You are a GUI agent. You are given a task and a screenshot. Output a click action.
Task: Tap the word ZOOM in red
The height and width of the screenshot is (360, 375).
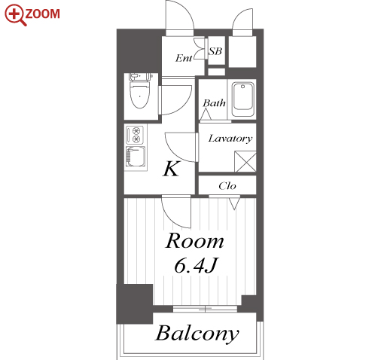[x=43, y=14]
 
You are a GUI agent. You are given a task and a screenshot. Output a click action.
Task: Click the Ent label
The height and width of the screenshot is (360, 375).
[x=184, y=58]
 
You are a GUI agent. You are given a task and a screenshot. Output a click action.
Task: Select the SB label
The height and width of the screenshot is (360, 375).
[x=215, y=51]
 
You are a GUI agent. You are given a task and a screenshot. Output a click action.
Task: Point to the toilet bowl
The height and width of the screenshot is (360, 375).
[x=140, y=95]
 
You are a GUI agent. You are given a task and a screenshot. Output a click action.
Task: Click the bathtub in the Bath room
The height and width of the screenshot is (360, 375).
[x=242, y=99]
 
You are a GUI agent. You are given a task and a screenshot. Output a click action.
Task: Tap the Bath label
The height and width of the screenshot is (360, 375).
[x=214, y=103]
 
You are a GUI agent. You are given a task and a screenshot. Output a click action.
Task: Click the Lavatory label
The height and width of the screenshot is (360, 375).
[x=230, y=139]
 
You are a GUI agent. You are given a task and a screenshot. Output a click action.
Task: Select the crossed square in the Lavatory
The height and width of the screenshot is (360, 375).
[x=245, y=162]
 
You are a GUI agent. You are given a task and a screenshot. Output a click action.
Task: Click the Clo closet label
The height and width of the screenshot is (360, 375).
[x=227, y=186]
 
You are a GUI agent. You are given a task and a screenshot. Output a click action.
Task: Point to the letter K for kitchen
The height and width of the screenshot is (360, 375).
[x=172, y=169]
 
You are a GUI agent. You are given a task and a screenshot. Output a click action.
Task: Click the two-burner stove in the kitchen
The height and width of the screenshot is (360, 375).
[x=135, y=135]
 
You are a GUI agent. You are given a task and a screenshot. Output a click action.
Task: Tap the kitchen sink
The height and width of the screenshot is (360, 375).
[x=136, y=157]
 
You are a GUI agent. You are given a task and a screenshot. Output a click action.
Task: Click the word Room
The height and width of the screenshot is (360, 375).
[x=194, y=241]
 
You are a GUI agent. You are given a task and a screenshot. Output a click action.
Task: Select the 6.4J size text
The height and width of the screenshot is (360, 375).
[x=195, y=266]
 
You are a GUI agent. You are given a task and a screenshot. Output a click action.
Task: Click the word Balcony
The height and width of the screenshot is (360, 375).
[x=197, y=334]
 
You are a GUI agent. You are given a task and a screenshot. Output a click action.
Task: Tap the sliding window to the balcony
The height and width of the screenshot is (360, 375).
[x=205, y=309]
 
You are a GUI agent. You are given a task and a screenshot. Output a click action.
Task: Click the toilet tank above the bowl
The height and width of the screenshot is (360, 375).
[x=140, y=76]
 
